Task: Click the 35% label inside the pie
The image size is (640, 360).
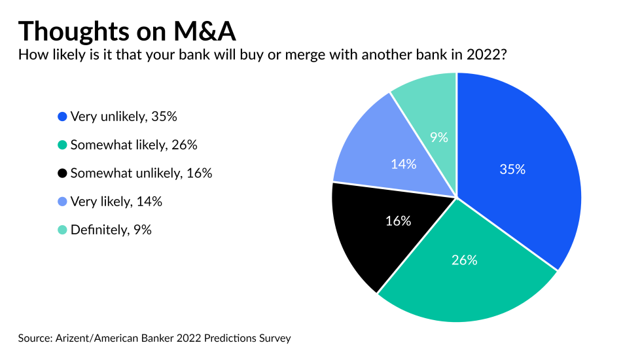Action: click(512, 169)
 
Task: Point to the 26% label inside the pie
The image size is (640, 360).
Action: click(464, 260)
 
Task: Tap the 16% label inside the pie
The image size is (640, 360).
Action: click(398, 221)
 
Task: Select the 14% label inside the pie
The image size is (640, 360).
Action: click(403, 164)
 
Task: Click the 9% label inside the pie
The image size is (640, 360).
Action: click(438, 137)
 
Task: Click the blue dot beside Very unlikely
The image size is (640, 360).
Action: click(62, 117)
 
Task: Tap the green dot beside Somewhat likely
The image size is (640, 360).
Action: click(62, 145)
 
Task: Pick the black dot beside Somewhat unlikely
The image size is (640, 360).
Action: click(62, 173)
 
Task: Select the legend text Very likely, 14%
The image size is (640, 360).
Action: click(116, 202)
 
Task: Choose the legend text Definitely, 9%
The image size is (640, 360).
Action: click(111, 230)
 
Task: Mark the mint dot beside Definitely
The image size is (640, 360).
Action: click(62, 230)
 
